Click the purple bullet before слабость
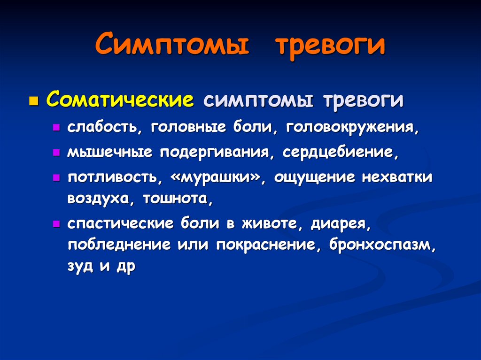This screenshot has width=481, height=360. coord(56,128)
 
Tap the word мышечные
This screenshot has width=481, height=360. coord(110,152)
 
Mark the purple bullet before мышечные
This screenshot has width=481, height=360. coord(56,153)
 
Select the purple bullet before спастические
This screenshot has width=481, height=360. coord(56,224)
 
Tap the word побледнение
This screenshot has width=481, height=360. coord(119,245)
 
